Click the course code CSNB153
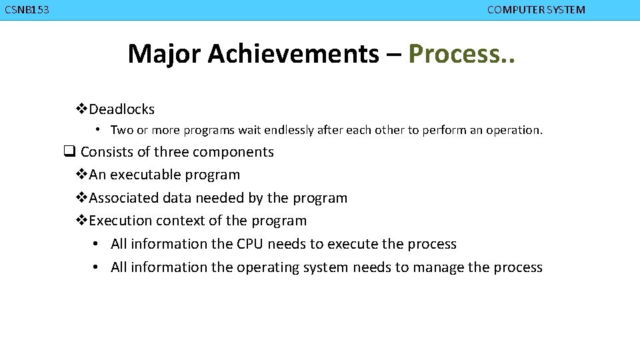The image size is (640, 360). click(x=27, y=10)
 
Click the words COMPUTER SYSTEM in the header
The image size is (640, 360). click(x=536, y=10)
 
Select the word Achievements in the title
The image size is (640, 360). click(x=293, y=53)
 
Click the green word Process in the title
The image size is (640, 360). click(x=452, y=53)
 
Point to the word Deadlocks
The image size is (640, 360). click(x=121, y=109)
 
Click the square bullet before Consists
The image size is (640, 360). click(x=68, y=152)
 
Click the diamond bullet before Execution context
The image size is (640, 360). click(x=82, y=221)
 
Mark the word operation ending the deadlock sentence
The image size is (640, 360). click(x=515, y=131)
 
